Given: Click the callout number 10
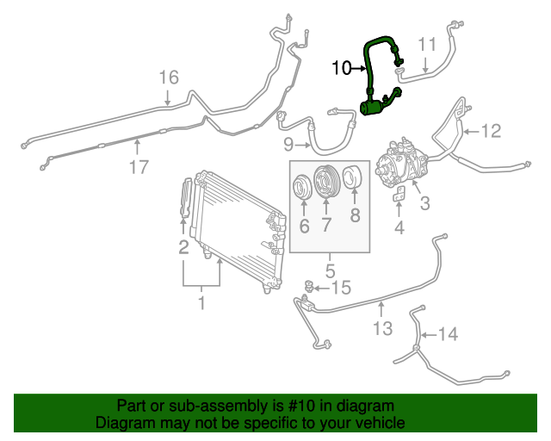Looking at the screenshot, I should click(x=341, y=67).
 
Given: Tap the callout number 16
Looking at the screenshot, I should click(x=169, y=78).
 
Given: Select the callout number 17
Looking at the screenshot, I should click(x=139, y=167).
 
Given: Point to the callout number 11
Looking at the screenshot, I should click(x=428, y=44).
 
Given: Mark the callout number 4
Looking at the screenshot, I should click(x=399, y=227).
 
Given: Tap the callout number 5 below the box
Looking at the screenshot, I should click(x=330, y=270).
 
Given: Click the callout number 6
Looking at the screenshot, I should click(x=304, y=227).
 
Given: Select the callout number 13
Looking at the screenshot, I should click(x=382, y=327).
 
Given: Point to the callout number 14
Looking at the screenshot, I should click(x=449, y=334).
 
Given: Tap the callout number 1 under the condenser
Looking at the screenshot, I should click(x=201, y=303).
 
